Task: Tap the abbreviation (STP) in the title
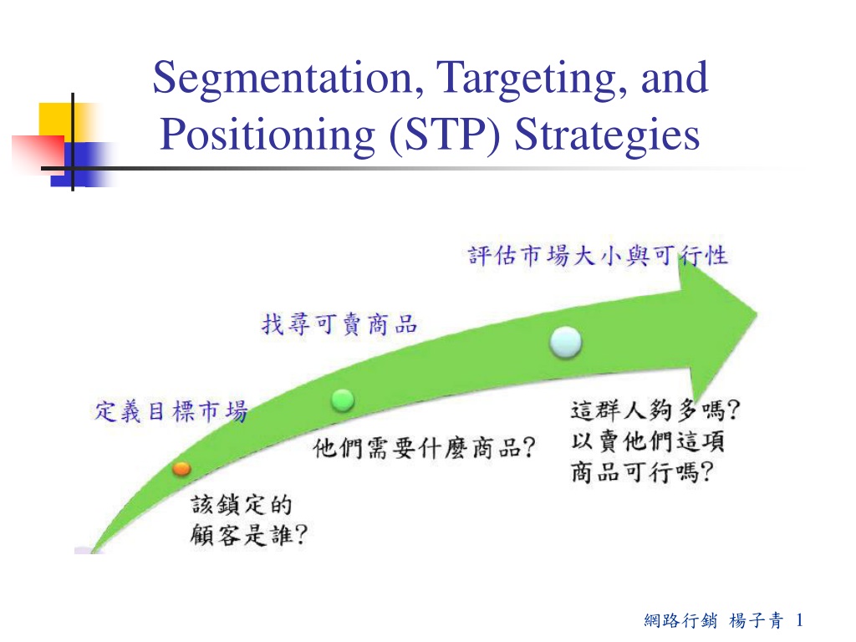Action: (x=445, y=135)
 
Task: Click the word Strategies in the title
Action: (x=607, y=135)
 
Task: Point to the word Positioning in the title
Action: (x=267, y=135)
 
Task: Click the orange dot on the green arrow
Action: (x=181, y=468)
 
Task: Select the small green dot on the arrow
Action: (x=343, y=400)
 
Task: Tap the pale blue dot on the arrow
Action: (x=566, y=342)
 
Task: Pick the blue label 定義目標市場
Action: (x=171, y=411)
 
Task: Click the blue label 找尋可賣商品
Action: (x=339, y=324)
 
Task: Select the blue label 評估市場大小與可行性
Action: (x=598, y=256)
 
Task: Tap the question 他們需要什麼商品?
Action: (x=424, y=449)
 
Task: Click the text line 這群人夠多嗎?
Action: (x=655, y=410)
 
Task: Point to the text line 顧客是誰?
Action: (x=249, y=534)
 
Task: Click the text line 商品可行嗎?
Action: (x=642, y=472)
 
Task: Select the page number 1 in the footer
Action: (x=800, y=620)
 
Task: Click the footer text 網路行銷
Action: (x=680, y=620)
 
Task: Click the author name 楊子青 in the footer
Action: (x=757, y=620)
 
